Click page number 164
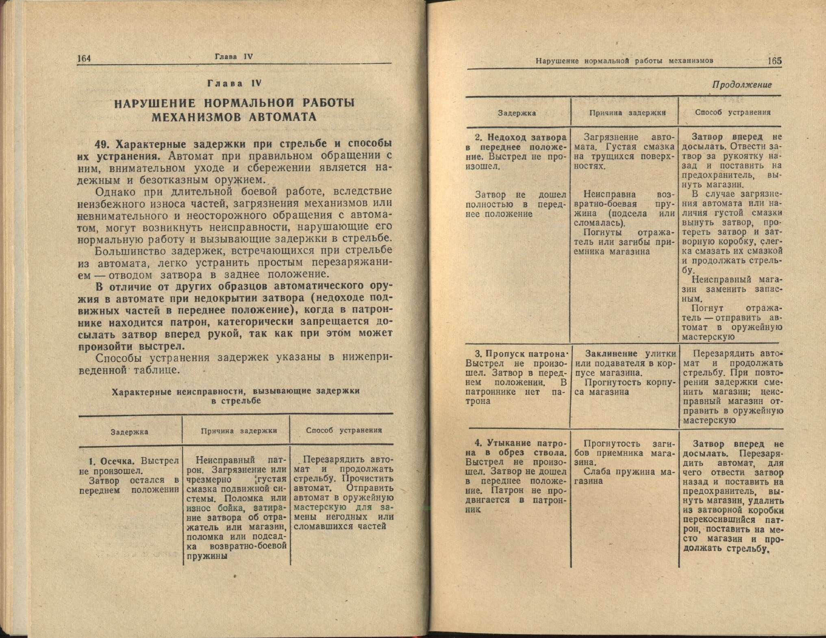tap(84, 58)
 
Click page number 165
tap(774, 61)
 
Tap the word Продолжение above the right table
tap(741, 85)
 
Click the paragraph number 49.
tap(103, 145)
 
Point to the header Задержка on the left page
tap(129, 432)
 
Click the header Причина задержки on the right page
tap(627, 113)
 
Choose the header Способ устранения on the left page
tap(344, 430)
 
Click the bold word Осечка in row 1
tap(117, 461)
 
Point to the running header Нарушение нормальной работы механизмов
tap(624, 61)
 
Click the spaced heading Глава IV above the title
tap(234, 84)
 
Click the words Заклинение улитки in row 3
tap(630, 354)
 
